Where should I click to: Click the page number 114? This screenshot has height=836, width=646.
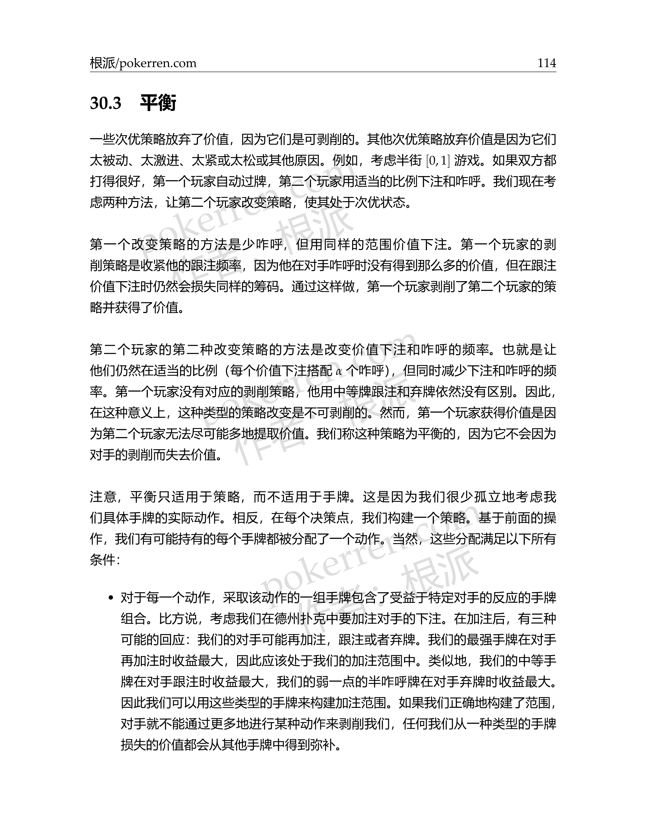(546, 63)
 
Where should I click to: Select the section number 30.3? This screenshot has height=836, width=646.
(106, 103)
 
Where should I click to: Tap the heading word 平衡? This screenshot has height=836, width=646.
(158, 103)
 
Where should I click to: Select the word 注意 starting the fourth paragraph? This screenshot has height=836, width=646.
(103, 497)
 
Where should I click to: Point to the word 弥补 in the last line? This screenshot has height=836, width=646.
(324, 745)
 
